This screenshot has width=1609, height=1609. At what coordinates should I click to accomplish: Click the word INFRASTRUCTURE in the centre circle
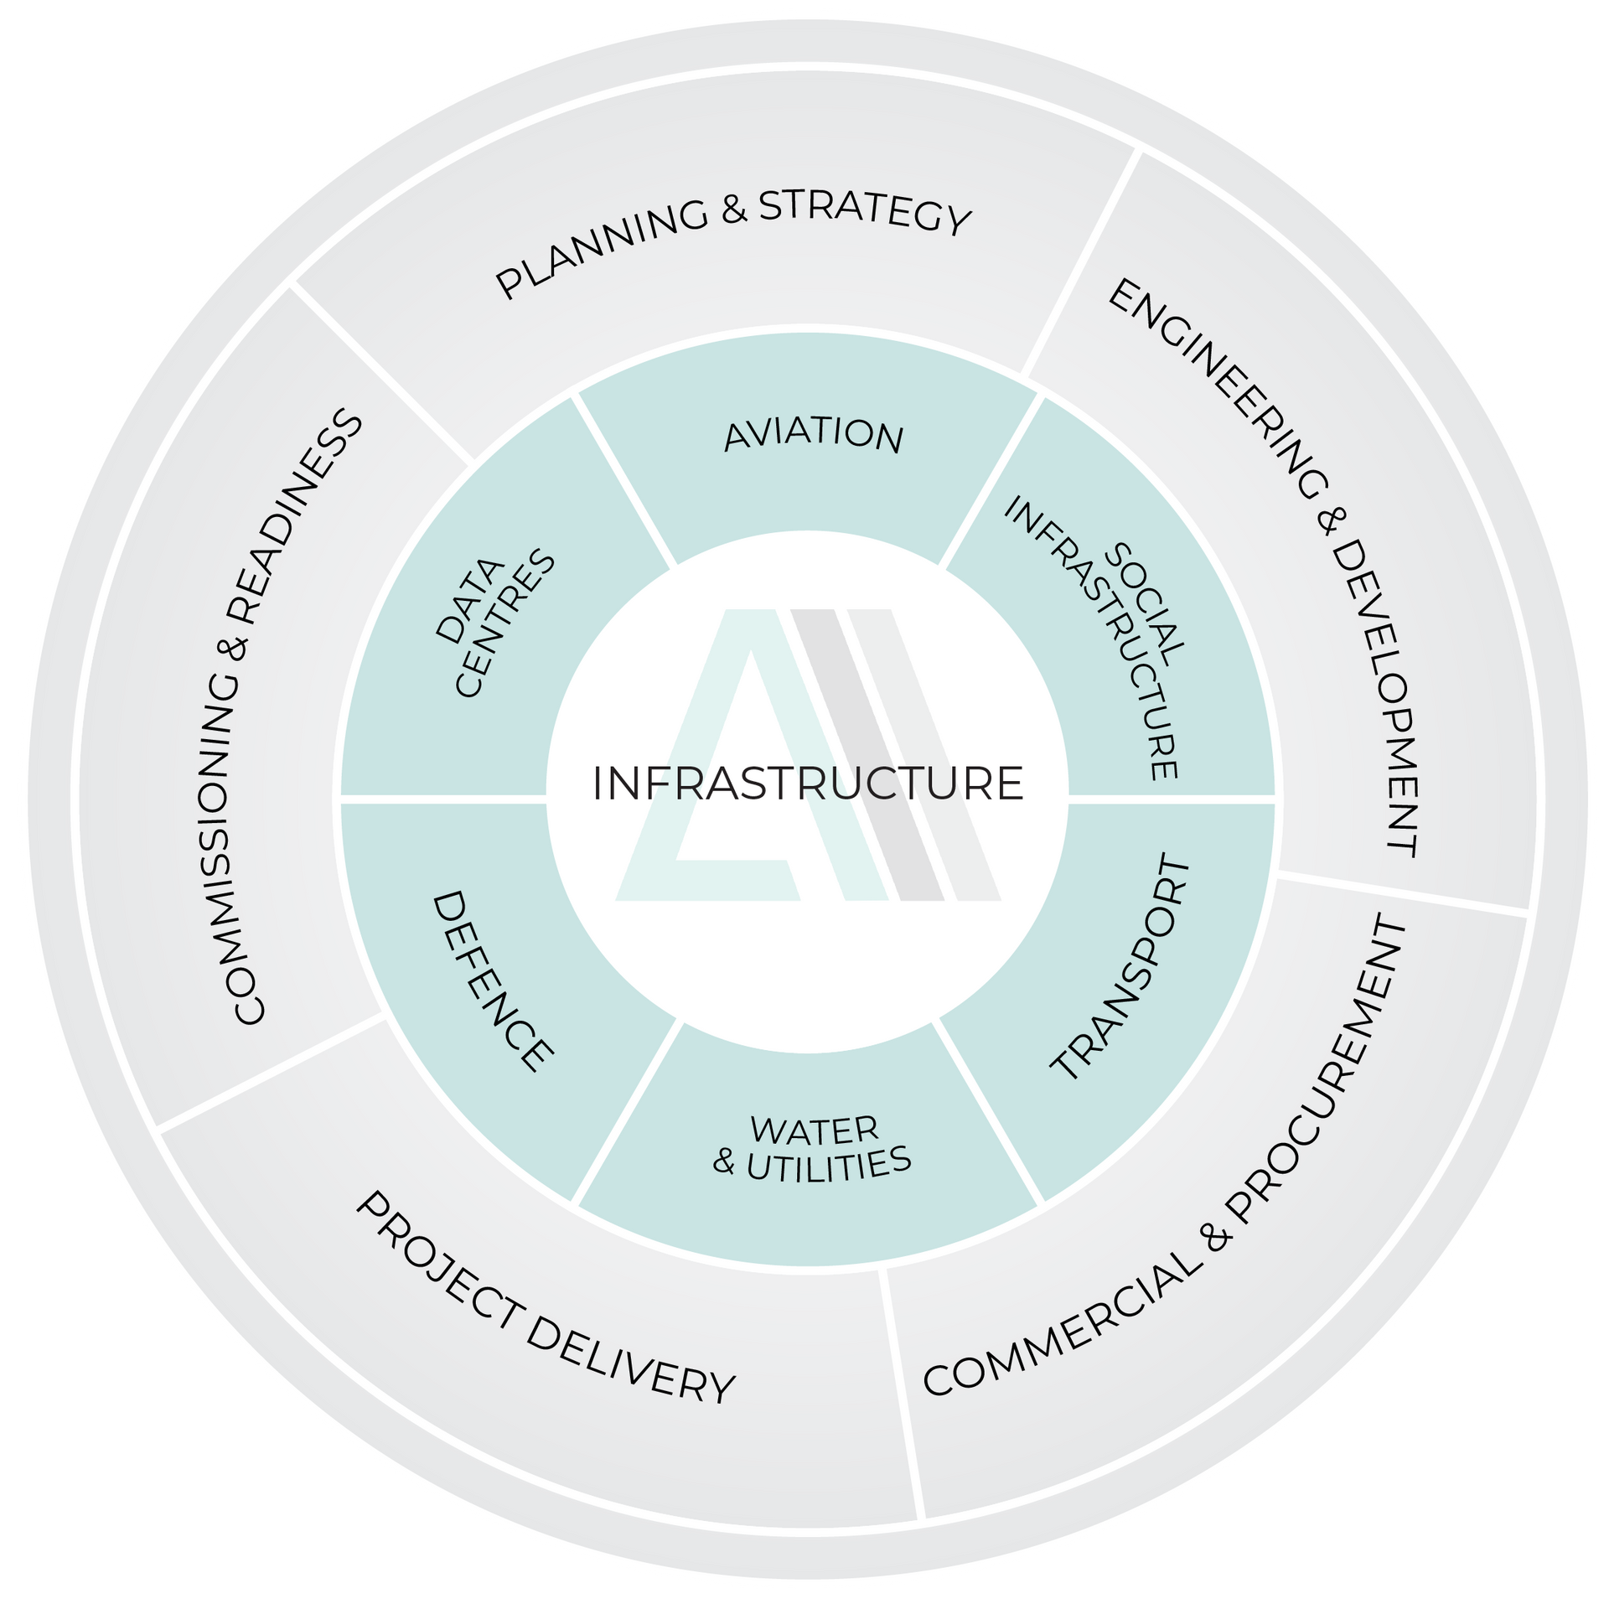[x=808, y=784]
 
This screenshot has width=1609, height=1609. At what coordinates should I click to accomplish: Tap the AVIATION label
[x=813, y=437]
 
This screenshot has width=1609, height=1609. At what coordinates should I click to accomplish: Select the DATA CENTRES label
[x=495, y=624]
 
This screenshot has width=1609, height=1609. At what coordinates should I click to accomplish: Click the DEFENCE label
[x=491, y=981]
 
